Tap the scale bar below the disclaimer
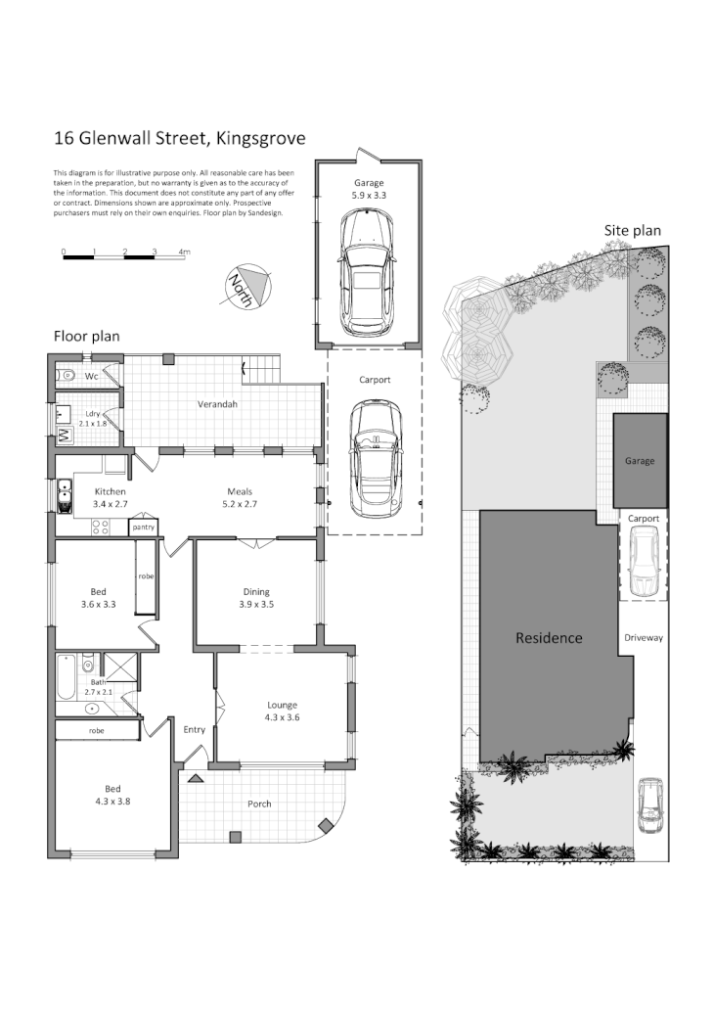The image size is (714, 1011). tap(125, 253)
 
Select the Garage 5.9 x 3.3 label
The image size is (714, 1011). tap(369, 188)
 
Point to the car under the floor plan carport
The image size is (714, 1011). tap(376, 460)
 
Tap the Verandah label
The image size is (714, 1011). tap(218, 403)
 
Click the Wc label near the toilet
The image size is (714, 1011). tap(91, 375)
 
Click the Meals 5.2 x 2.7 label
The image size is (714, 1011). tap(241, 497)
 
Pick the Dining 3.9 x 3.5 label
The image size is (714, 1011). tap(256, 597)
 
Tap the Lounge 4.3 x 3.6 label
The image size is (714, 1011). tap(282, 711)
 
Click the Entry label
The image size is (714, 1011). tap(195, 729)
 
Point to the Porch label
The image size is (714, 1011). tap(259, 804)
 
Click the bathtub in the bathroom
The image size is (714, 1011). tap(65, 677)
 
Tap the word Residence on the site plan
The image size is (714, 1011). tap(549, 638)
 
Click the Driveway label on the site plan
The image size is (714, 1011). tap(644, 637)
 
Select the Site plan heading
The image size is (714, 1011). tap(632, 231)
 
